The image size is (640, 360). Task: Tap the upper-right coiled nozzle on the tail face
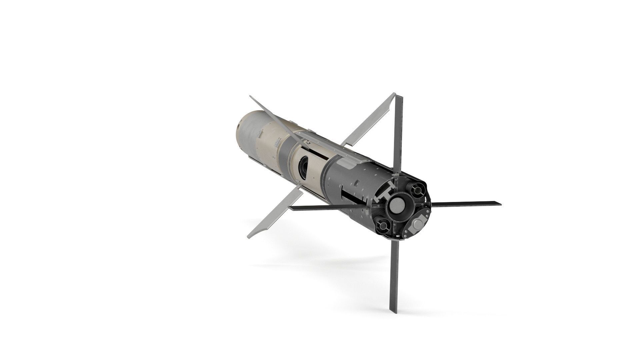click(x=417, y=191)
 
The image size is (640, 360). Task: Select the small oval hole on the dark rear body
click(x=356, y=182)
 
